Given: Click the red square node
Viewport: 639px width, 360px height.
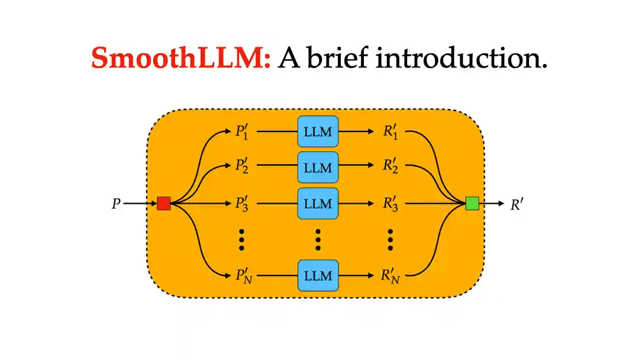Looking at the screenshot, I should (x=164, y=204).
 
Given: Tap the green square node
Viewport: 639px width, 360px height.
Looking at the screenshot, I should (x=472, y=204).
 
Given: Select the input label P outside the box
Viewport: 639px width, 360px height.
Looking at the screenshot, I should (x=116, y=204).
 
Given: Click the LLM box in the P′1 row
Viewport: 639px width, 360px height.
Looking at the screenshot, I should (x=318, y=132).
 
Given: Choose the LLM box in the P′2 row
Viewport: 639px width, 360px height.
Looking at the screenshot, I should (x=318, y=168).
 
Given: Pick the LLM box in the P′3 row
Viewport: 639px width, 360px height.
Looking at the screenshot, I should (x=318, y=204).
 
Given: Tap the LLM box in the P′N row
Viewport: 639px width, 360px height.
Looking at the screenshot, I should (x=318, y=275).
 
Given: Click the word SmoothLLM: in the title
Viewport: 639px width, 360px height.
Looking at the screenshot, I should (x=181, y=58).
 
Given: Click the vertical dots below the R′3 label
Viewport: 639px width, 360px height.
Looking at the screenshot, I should (x=390, y=239).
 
